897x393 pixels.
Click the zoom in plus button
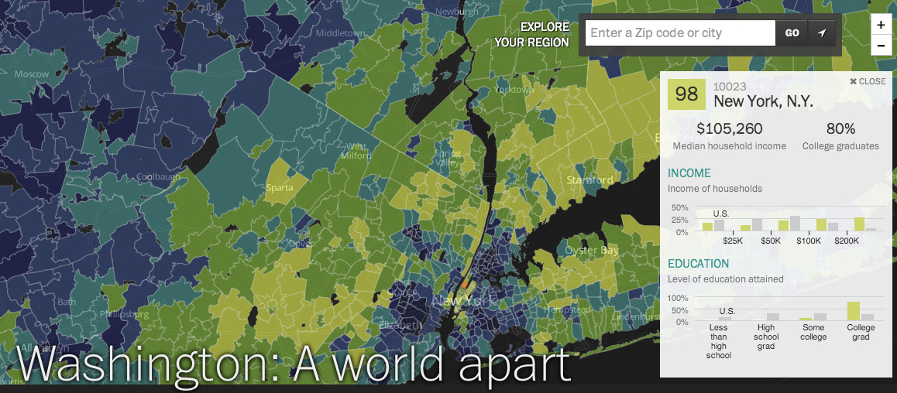coord(881,25)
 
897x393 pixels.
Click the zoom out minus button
coord(881,46)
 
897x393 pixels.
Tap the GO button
coord(792,33)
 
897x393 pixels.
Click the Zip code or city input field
coord(679,33)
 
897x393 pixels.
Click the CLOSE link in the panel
coord(868,81)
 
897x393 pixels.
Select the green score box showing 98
coord(687,94)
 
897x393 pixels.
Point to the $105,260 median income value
coord(729,128)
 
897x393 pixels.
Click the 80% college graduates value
coord(840,128)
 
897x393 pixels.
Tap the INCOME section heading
coord(689,173)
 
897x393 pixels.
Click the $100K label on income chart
coord(809,241)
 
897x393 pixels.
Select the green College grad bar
coord(854,311)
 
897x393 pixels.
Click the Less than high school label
coord(719,341)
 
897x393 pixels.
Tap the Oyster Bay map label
coord(592,251)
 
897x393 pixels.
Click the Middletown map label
coord(340,33)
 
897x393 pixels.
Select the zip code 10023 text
coord(730,87)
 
